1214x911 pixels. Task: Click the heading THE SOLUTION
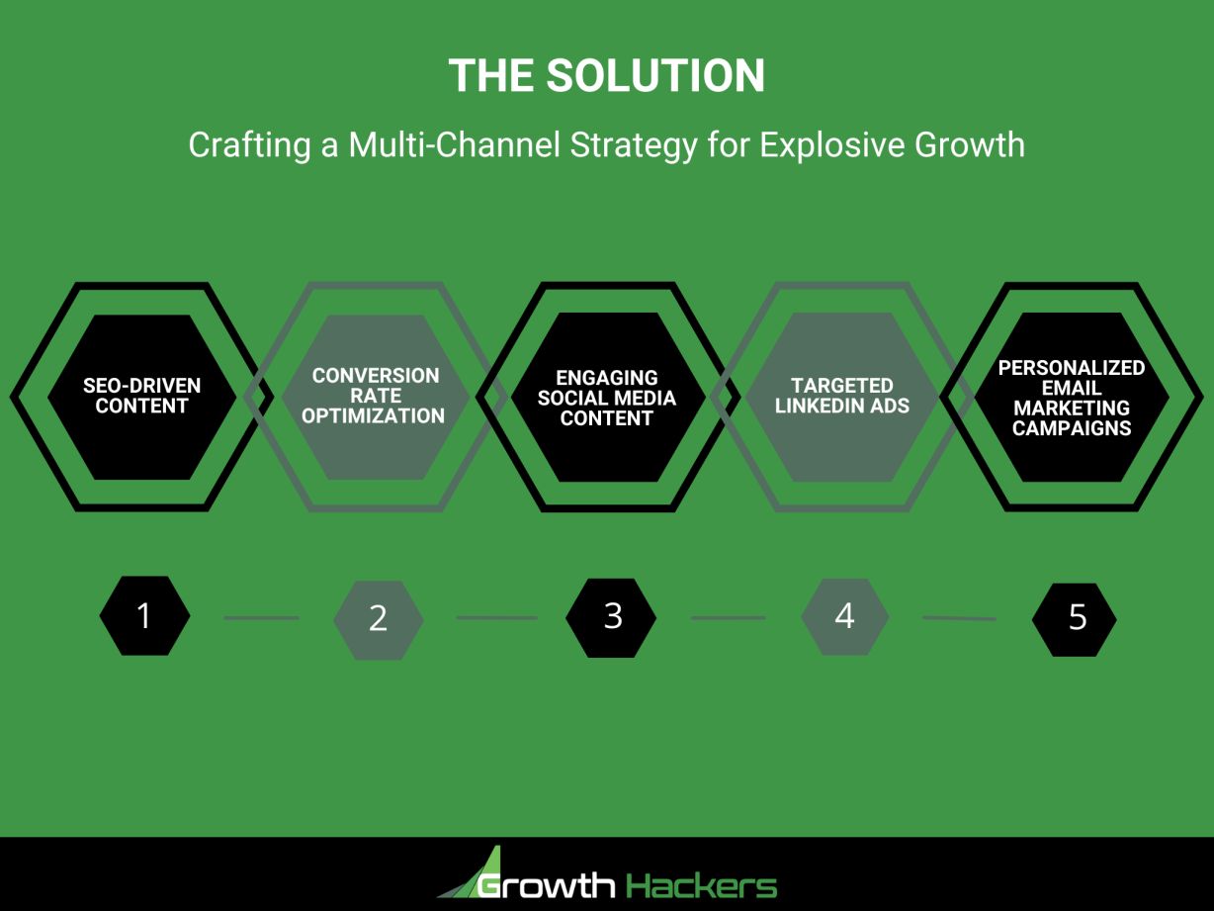coord(606,76)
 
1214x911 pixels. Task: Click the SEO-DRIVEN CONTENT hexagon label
coord(141,396)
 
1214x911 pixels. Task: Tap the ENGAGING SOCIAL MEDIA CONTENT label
coord(606,398)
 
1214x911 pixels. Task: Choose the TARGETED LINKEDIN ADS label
coord(841,396)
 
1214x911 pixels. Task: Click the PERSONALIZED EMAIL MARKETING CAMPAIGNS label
coord(1072,398)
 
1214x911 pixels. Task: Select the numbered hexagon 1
coord(144,615)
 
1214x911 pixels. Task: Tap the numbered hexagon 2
coord(378,619)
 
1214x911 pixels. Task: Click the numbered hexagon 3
coord(612,616)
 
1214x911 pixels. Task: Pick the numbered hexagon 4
coord(844,616)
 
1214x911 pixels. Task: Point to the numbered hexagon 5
coord(1076,618)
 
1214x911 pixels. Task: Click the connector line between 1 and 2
coord(261,618)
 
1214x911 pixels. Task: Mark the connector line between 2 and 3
coord(495,618)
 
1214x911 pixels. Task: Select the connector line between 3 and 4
coord(728,618)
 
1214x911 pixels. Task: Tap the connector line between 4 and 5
coord(959,618)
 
